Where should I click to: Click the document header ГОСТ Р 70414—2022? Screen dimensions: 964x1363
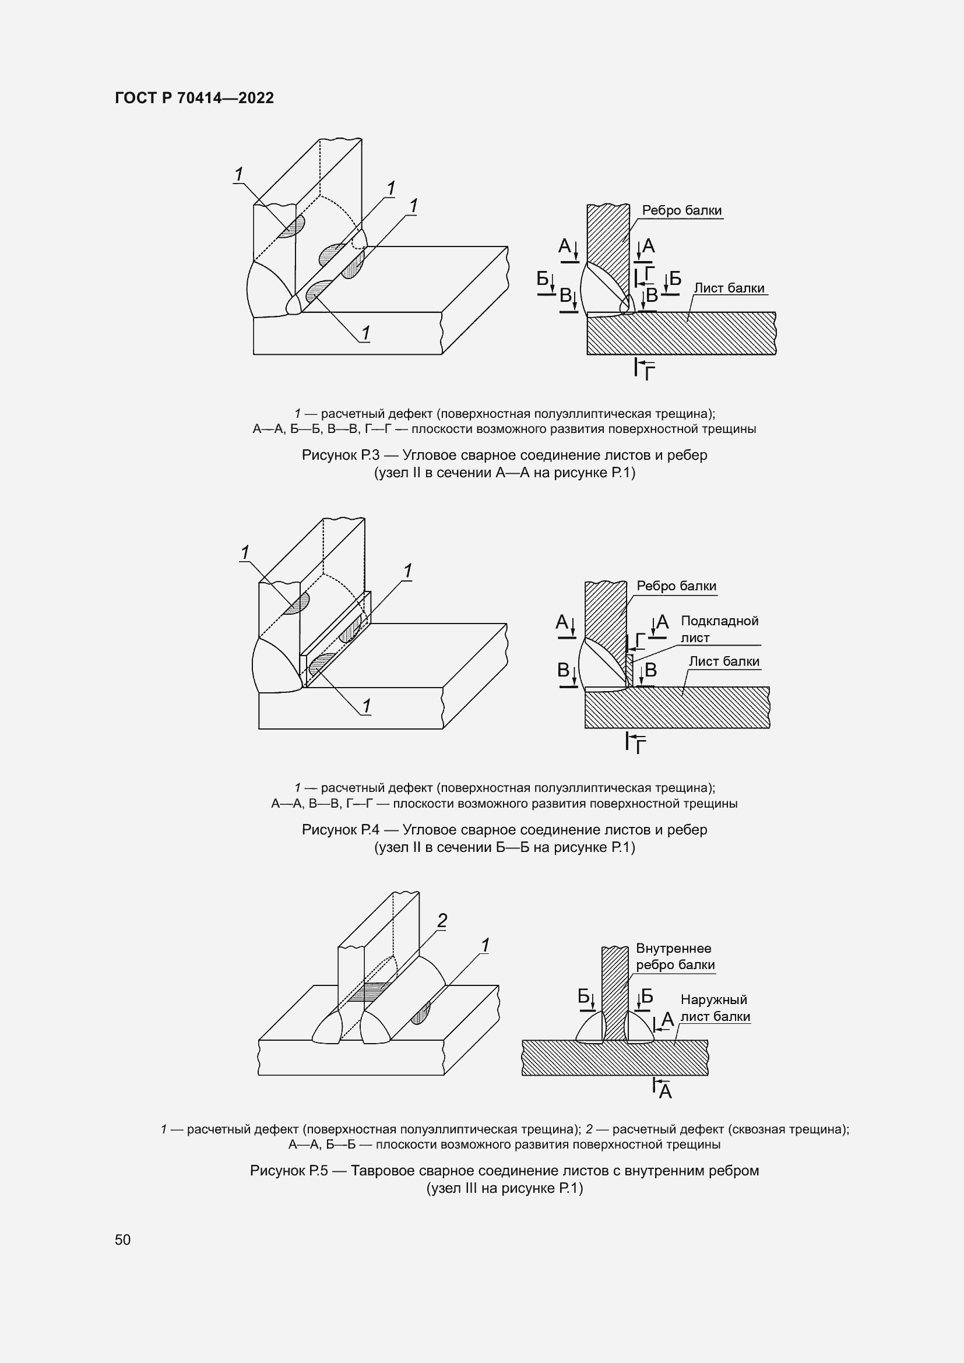pyautogui.click(x=195, y=98)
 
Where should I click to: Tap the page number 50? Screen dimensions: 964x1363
pyautogui.click(x=123, y=1239)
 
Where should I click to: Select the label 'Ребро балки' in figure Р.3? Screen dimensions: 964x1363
pyautogui.click(x=682, y=210)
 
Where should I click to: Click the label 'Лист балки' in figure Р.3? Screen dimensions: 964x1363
pyautogui.click(x=730, y=288)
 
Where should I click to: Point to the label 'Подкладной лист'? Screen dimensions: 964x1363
pyautogui.click(x=719, y=629)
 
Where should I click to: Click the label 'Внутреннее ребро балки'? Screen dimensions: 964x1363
pyautogui.click(x=675, y=956)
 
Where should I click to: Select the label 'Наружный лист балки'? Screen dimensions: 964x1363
pyautogui.click(x=715, y=1008)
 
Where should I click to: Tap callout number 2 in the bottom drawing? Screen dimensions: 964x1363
pyautogui.click(x=442, y=921)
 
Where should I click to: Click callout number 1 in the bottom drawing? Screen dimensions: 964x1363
pyautogui.click(x=485, y=946)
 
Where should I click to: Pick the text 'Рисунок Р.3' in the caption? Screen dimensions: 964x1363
pyautogui.click(x=340, y=455)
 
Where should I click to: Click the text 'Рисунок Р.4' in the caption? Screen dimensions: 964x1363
pyautogui.click(x=340, y=830)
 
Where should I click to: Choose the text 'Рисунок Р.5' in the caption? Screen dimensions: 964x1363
pyautogui.click(x=289, y=1171)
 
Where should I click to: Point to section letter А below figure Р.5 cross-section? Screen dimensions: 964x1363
pyautogui.click(x=666, y=1092)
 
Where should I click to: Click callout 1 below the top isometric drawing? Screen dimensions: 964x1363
pyautogui.click(x=365, y=333)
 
